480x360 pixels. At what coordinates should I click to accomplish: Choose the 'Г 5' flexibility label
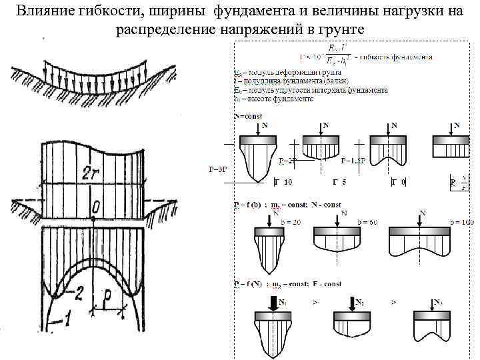tap(339, 181)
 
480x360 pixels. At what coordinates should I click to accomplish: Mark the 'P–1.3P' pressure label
tap(352, 160)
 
